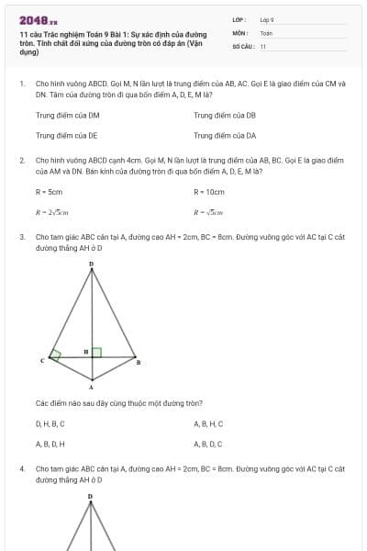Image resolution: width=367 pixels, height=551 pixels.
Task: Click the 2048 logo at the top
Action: [38, 20]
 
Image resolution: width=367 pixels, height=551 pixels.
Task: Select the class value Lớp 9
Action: [267, 19]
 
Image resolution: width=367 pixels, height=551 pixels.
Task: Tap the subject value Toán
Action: [266, 32]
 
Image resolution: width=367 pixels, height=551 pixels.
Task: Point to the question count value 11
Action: [263, 45]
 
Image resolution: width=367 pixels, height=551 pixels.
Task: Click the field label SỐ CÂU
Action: [242, 45]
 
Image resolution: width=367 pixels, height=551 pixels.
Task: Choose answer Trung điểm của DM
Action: [67, 116]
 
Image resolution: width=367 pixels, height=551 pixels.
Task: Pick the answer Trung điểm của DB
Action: [225, 116]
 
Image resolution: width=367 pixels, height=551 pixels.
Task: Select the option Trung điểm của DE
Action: [66, 135]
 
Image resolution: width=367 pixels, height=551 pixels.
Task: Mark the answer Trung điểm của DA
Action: [225, 135]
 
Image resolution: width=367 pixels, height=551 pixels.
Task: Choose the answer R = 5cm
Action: [49, 192]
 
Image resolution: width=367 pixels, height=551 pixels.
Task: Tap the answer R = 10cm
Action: [209, 192]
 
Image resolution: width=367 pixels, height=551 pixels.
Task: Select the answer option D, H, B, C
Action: [50, 424]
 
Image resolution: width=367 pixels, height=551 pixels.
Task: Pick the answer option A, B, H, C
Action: [208, 424]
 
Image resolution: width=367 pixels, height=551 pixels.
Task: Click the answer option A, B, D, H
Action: [50, 444]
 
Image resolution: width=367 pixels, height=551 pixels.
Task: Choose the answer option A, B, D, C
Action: [208, 444]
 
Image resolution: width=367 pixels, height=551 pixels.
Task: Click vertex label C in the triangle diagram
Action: [42, 361]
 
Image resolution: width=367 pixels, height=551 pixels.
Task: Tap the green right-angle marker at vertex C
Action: [56, 354]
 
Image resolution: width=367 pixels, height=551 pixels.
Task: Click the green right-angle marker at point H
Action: [96, 352]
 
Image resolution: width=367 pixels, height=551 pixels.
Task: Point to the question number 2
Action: [21, 160]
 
